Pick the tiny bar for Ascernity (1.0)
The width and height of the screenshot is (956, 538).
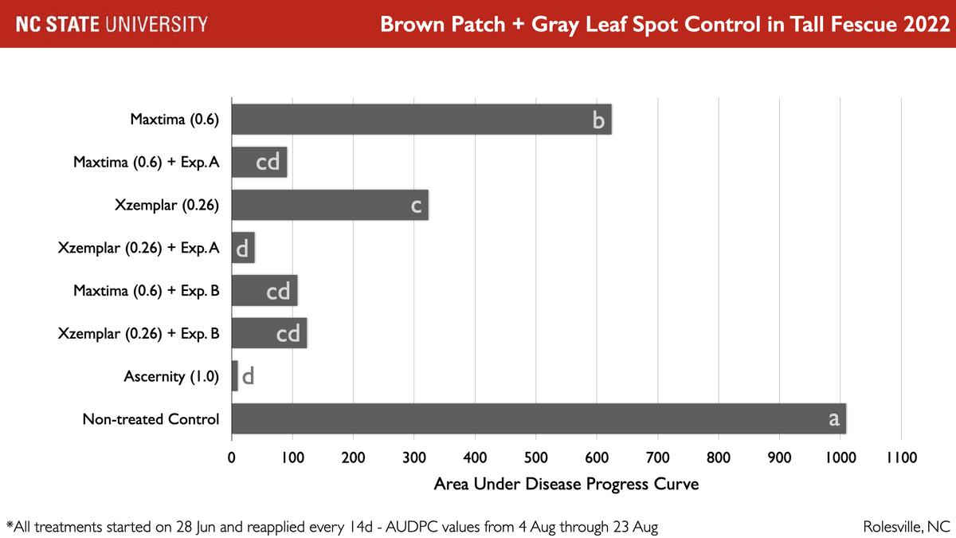pos(234,376)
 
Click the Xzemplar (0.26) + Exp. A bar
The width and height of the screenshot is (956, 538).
pos(243,249)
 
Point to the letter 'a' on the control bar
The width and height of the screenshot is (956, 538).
pos(833,418)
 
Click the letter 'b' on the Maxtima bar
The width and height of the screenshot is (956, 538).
pos(598,120)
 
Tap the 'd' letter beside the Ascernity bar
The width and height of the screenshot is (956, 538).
pos(248,376)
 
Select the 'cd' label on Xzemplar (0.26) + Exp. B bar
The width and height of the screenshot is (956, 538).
pos(288,333)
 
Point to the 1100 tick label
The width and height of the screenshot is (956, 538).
pos(900,458)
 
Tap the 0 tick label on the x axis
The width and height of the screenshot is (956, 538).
pos(231,458)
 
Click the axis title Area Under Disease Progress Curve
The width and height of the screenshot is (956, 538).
pos(566,484)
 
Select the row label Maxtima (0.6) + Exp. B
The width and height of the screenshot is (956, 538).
pos(146,291)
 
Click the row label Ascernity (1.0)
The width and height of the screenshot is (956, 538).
pos(171,376)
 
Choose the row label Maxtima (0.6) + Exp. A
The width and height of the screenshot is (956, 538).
pos(146,163)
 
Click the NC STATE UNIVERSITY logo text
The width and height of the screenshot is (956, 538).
pos(112,24)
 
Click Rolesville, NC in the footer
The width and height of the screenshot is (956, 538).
pos(907,527)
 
